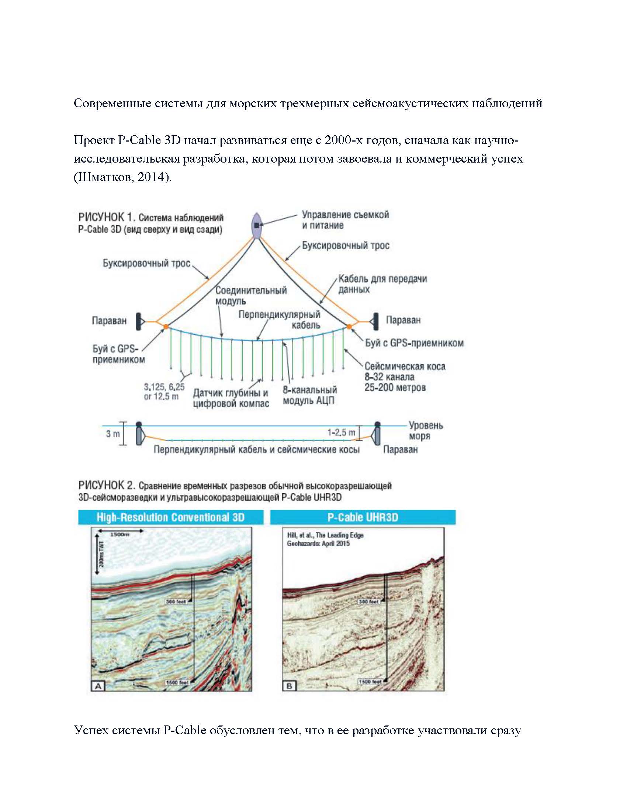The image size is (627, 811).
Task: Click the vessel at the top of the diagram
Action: pyautogui.click(x=257, y=225)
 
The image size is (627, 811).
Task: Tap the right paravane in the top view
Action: pyautogui.click(x=375, y=321)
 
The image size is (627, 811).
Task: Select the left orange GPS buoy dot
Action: pyautogui.click(x=166, y=326)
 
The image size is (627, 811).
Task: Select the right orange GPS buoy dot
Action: pyautogui.click(x=349, y=326)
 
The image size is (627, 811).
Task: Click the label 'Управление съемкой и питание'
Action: pyautogui.click(x=345, y=220)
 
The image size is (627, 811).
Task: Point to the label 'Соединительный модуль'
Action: pyautogui.click(x=251, y=296)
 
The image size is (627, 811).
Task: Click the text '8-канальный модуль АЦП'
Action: pyautogui.click(x=310, y=395)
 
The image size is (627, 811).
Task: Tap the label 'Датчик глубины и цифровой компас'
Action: pyautogui.click(x=231, y=398)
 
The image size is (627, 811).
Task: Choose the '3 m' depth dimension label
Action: pyautogui.click(x=113, y=434)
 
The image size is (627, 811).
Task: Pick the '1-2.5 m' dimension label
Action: pyautogui.click(x=341, y=432)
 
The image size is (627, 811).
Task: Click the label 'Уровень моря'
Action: pyautogui.click(x=426, y=430)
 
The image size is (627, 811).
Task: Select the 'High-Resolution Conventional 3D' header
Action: pyautogui.click(x=170, y=517)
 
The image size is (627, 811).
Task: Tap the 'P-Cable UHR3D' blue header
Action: pyautogui.click(x=363, y=517)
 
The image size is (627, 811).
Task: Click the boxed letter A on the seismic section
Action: pyautogui.click(x=98, y=686)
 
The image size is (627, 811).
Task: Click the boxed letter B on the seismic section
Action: pyautogui.click(x=290, y=686)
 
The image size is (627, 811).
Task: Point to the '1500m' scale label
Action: pyautogui.click(x=119, y=535)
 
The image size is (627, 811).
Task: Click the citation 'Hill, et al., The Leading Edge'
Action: pyautogui.click(x=325, y=535)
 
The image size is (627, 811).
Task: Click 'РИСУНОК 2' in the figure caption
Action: pyautogui.click(x=106, y=485)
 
